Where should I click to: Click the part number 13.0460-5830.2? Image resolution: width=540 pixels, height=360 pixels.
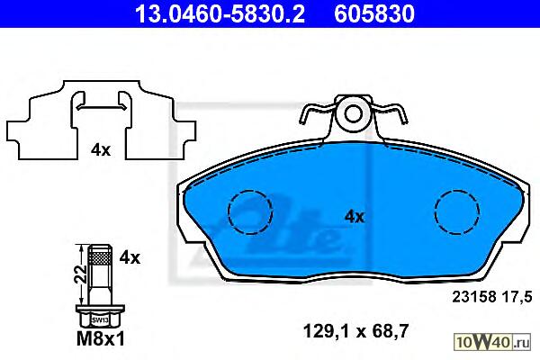click(220, 13)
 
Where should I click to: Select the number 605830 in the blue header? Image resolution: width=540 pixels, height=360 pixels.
click(374, 13)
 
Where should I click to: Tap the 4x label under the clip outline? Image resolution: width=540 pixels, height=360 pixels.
click(101, 150)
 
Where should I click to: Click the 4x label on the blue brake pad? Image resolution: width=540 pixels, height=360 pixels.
click(355, 217)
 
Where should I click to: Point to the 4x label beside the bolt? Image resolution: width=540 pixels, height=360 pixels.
click(130, 257)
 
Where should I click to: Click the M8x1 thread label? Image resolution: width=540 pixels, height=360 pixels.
click(101, 339)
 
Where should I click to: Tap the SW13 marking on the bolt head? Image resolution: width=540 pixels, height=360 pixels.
click(100, 320)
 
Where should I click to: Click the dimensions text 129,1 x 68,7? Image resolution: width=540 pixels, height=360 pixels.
click(355, 331)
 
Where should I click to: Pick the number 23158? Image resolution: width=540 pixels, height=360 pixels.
click(474, 297)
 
